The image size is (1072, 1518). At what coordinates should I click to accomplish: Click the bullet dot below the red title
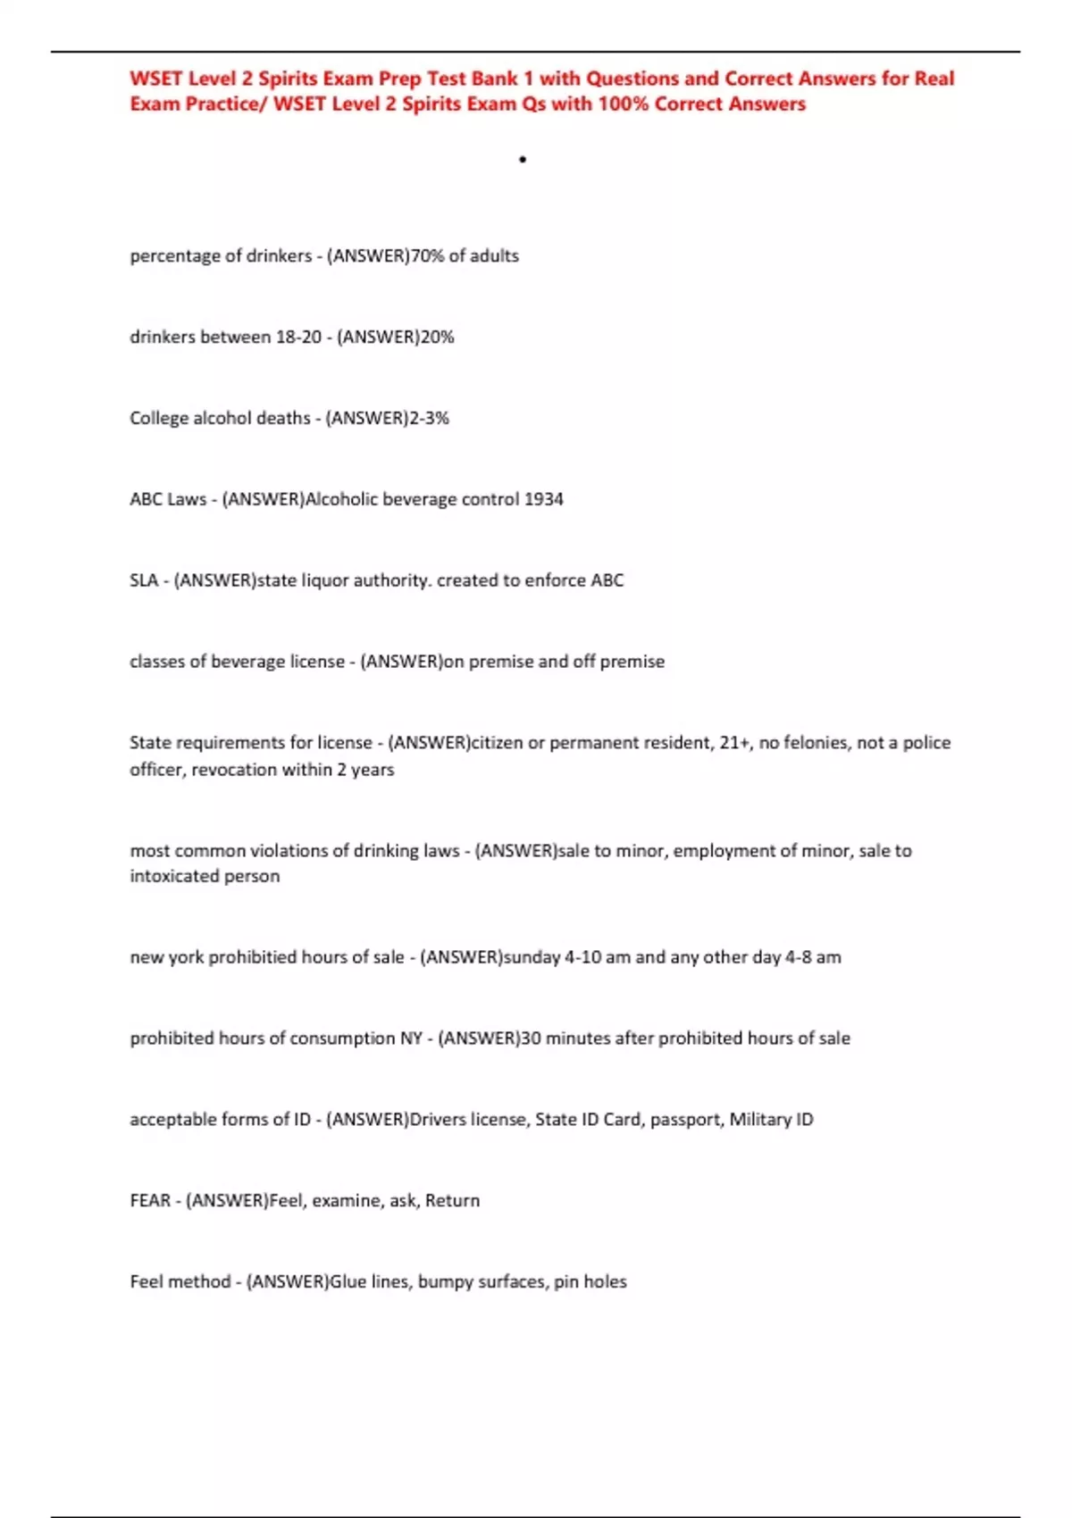[523, 160]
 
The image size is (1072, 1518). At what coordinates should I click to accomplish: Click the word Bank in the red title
[495, 79]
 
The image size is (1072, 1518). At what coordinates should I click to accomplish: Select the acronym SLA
[144, 580]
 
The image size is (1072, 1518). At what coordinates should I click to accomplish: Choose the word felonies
[815, 743]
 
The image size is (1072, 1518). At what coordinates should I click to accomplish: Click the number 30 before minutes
[531, 1038]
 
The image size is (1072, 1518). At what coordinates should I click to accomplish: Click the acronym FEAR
[150, 1201]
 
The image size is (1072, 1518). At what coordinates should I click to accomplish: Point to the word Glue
[348, 1282]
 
